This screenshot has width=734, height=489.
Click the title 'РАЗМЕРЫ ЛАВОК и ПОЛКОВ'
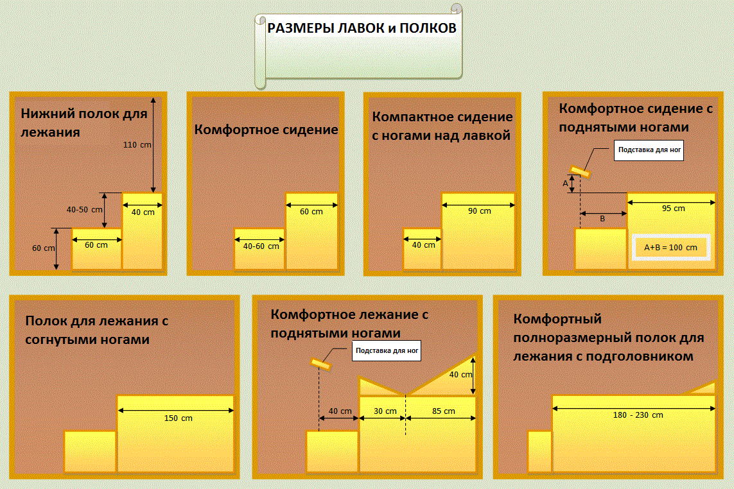362,28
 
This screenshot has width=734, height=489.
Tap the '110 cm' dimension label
137,145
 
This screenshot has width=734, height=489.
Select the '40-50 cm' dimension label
85,209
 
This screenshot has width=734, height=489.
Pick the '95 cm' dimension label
673,209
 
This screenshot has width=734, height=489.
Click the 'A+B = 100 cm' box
672,247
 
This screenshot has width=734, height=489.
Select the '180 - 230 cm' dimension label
638,415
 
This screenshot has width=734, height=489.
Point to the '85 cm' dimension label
442,411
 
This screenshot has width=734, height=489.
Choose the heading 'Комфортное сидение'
266,130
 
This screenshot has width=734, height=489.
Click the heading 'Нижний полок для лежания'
84,123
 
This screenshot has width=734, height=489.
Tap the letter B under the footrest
602,218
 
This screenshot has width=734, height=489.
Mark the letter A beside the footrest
566,184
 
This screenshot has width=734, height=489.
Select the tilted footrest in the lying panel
320,365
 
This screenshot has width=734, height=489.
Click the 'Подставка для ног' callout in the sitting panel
649,152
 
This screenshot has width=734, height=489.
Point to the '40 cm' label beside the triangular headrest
460,375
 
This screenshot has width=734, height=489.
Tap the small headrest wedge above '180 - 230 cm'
704,388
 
